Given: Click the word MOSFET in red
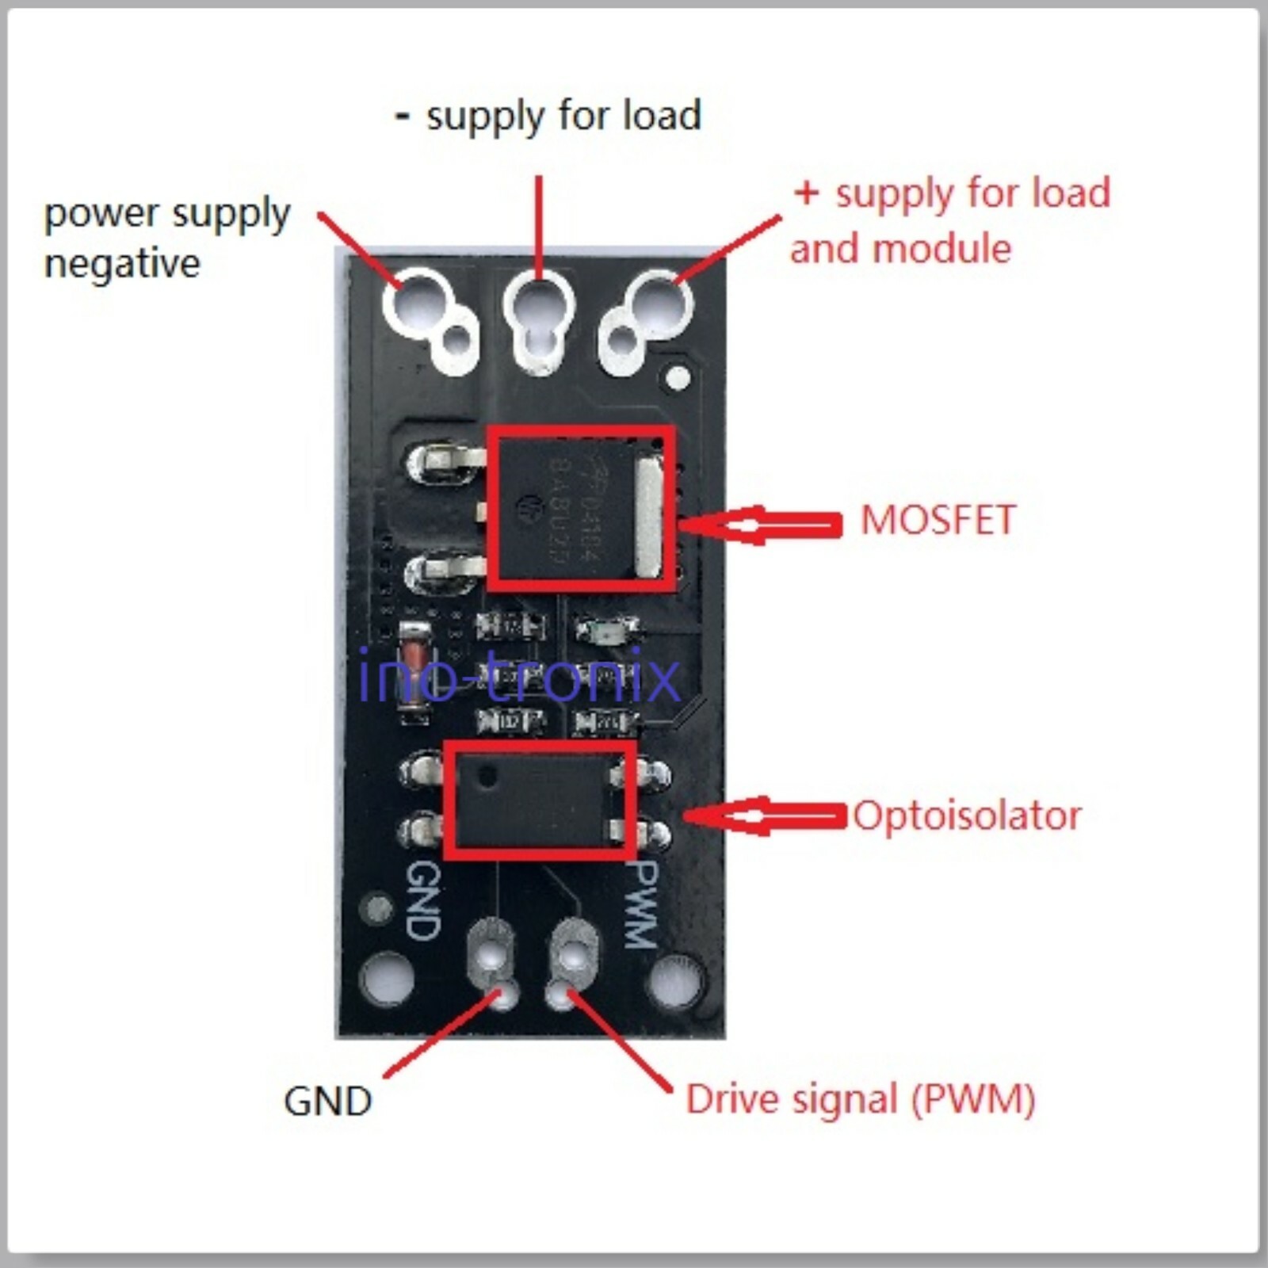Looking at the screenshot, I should [938, 521].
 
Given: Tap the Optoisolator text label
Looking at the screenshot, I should [967, 815].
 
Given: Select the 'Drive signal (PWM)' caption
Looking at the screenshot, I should [860, 1099].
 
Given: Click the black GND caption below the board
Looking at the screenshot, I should [327, 1101].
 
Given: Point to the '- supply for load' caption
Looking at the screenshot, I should [548, 116].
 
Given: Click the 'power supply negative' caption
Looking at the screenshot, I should [166, 238].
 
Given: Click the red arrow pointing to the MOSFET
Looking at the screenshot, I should [761, 525].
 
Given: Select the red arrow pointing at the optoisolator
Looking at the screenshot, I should [766, 816].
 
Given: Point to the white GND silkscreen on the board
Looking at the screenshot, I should [422, 900].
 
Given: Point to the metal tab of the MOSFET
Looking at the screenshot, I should [648, 519].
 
